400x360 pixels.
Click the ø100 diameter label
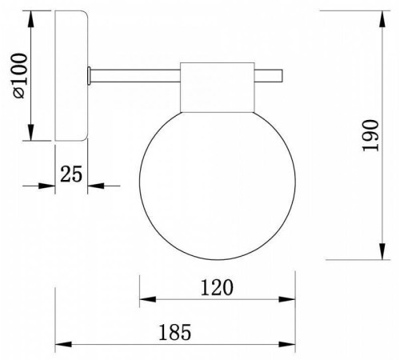21,76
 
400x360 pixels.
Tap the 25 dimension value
71,174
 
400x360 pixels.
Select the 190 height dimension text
370,135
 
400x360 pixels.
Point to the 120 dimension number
217,287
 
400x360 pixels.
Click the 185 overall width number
175,332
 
